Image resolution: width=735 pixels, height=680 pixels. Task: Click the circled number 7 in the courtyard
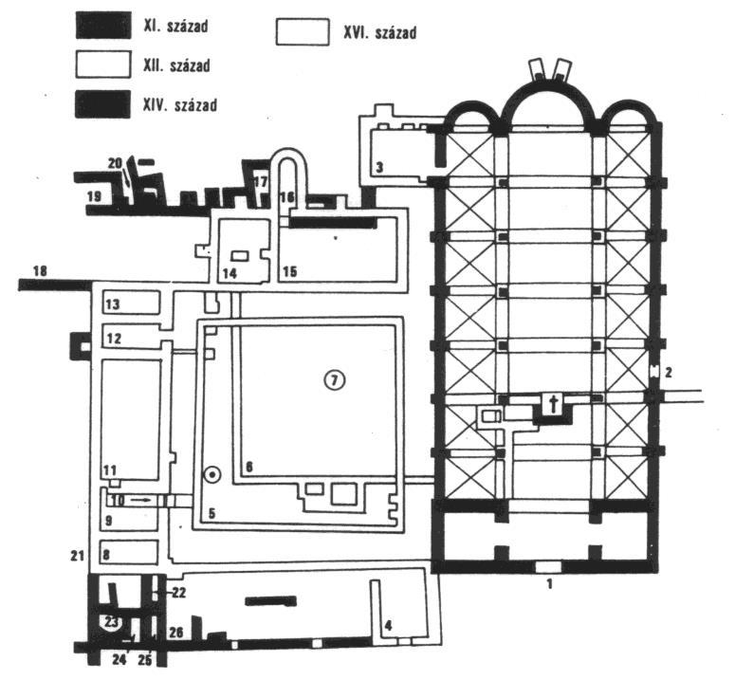335,380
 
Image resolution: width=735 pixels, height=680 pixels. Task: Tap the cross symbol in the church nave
554,403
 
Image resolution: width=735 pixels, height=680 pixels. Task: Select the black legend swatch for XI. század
103,26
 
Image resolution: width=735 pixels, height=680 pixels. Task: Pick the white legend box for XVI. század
303,32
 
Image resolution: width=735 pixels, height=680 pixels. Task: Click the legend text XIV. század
180,104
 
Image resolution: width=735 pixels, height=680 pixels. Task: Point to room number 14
230,273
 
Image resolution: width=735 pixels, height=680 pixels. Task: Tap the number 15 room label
290,271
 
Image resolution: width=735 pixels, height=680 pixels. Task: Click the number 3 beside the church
379,167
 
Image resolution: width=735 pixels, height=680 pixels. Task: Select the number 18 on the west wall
41,271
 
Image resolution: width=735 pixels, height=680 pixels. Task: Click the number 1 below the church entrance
550,584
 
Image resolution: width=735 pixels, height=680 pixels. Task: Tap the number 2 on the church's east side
669,373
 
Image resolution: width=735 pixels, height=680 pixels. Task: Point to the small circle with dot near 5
212,475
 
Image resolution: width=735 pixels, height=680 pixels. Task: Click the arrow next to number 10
141,500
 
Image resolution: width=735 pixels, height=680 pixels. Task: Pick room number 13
113,304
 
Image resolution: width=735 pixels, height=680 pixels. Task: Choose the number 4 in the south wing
389,625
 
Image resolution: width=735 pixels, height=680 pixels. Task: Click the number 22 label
178,593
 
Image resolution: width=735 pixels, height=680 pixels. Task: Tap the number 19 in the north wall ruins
94,195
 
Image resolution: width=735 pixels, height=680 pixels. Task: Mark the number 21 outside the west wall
78,556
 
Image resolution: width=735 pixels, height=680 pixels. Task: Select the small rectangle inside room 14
241,256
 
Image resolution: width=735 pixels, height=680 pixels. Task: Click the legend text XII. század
176,65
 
